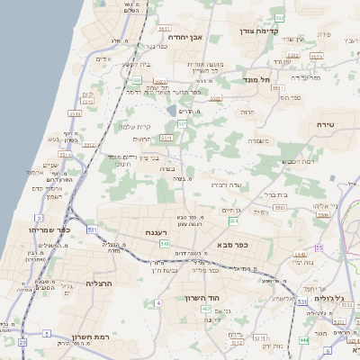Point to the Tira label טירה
325,123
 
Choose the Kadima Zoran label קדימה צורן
260,31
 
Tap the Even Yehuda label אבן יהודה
188,37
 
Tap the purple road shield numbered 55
319,247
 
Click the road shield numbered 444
303,338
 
